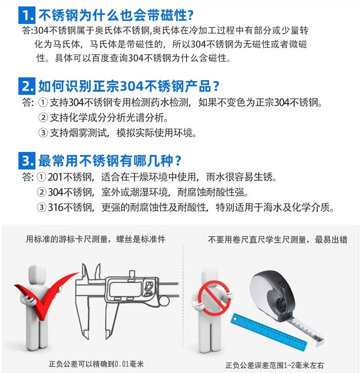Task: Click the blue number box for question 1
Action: [x=27, y=15]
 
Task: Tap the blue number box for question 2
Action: [x=27, y=86]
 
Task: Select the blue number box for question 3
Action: [x=27, y=161]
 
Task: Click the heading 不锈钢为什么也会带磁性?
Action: [x=116, y=15]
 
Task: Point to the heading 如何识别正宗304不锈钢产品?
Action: [x=128, y=86]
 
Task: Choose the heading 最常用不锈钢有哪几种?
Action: [x=110, y=161]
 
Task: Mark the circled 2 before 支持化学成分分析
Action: [x=43, y=117]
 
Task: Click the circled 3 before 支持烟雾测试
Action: [x=43, y=133]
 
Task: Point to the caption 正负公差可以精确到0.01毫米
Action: [x=96, y=364]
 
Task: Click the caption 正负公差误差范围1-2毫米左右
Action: [x=274, y=365]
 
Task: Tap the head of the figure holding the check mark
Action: [x=37, y=273]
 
